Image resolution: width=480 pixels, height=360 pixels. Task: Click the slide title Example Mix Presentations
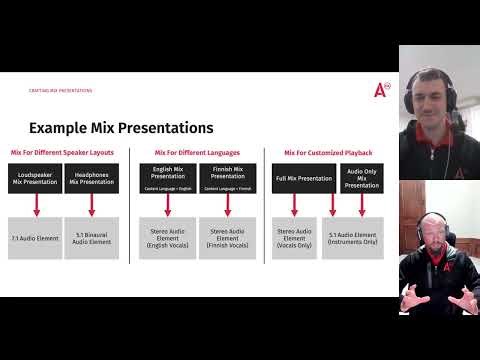[x=120, y=128]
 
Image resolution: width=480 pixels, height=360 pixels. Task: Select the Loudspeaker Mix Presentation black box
[x=35, y=178]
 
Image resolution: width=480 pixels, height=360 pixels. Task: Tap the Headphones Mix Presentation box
[x=91, y=178]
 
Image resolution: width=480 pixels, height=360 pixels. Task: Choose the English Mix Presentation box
[x=167, y=176]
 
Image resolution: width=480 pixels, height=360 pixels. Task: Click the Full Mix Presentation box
[x=303, y=178]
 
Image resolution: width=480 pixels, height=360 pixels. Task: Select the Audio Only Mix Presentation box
[x=362, y=178]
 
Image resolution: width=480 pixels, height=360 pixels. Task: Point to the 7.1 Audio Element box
[x=35, y=238]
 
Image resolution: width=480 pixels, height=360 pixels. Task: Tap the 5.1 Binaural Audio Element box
[x=91, y=238]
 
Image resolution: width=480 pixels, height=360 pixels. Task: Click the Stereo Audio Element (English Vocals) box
[x=167, y=238]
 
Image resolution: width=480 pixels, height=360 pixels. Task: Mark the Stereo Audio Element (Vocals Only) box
[x=294, y=238]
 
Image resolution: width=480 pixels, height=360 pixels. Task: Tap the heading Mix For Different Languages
[x=197, y=152]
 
